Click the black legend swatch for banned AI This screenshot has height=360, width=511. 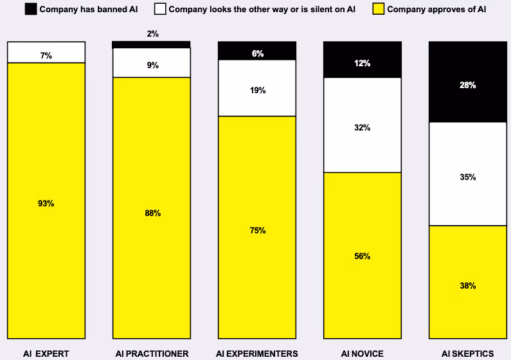30,9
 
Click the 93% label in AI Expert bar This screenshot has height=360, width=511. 46,203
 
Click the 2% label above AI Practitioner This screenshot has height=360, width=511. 152,33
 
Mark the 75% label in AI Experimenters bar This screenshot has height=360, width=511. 258,230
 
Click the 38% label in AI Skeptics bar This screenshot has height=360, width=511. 468,285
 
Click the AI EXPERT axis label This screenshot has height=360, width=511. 46,353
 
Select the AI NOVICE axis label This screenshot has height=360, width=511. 363,353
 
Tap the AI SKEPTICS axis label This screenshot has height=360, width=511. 467,353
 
